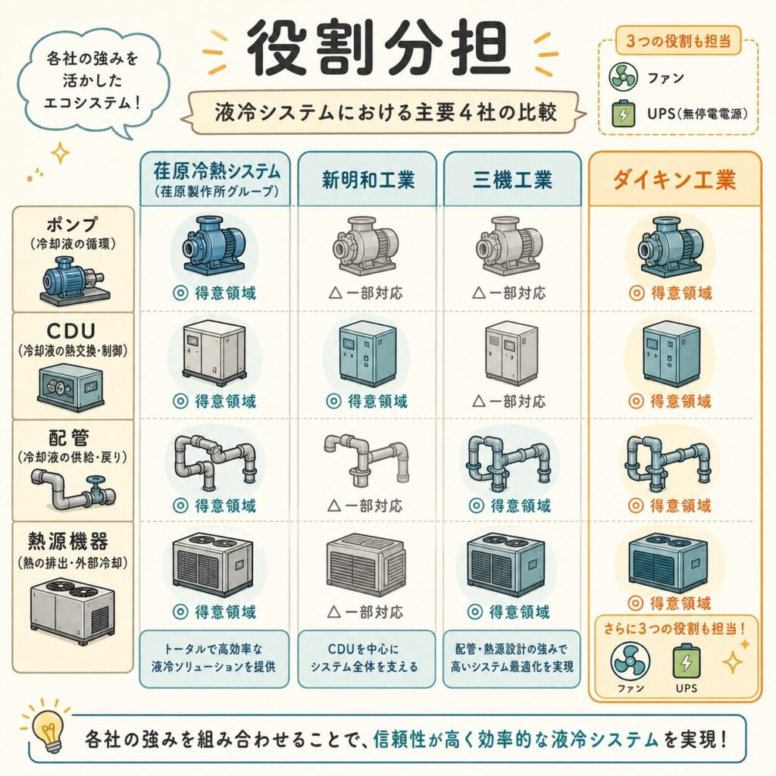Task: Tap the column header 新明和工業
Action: [368, 179]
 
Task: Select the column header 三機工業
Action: [512, 179]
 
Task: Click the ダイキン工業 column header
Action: [674, 179]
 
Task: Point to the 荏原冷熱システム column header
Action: [216, 179]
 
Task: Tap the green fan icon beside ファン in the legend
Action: [623, 77]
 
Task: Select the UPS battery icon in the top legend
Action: [623, 113]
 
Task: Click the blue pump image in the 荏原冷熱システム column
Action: [214, 245]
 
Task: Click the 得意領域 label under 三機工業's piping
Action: [510, 505]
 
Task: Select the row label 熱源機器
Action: [67, 541]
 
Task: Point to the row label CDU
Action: [71, 331]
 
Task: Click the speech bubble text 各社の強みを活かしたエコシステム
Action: [92, 80]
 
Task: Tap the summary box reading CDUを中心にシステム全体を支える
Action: [366, 659]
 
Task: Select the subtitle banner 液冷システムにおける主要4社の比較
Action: [386, 112]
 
